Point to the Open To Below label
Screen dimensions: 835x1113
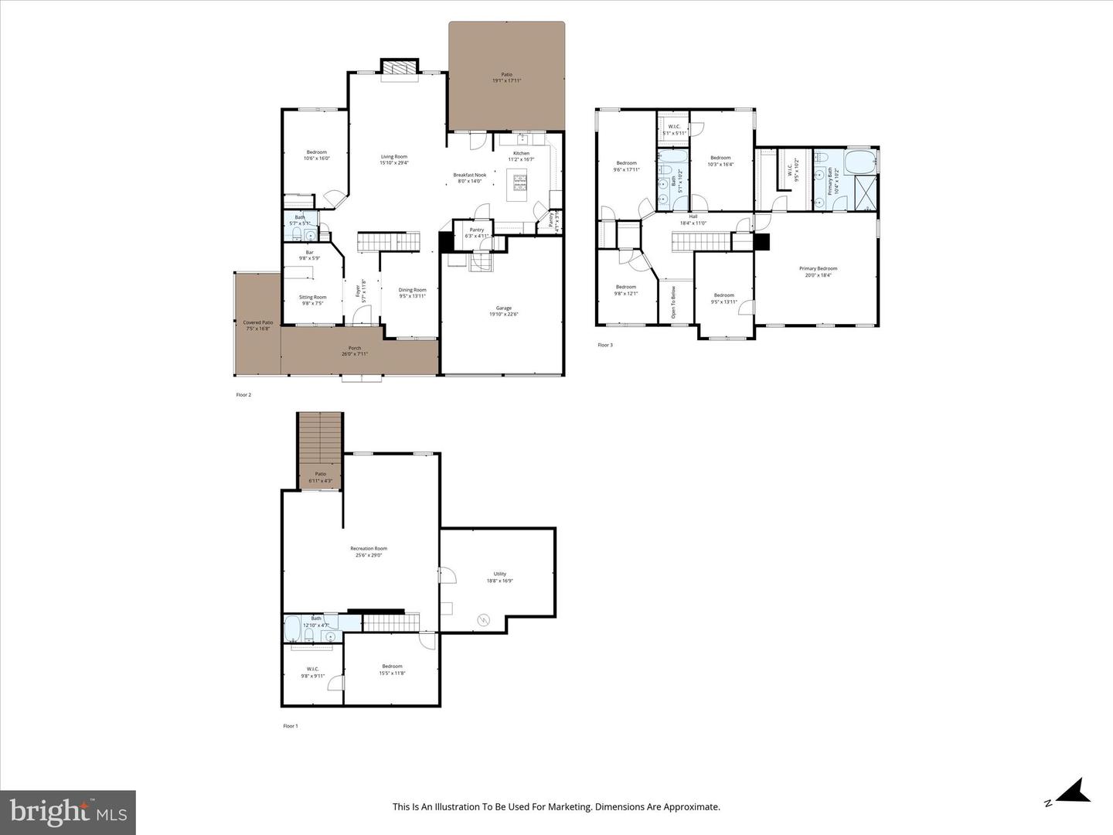coord(673,302)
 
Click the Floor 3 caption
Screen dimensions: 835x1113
coord(605,345)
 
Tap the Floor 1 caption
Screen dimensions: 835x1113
coord(290,726)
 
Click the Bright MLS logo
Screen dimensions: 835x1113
coord(68,812)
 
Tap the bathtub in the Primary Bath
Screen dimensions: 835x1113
coord(859,163)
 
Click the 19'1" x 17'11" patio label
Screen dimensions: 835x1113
coord(506,77)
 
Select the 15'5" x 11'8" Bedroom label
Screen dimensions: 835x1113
coord(392,670)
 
